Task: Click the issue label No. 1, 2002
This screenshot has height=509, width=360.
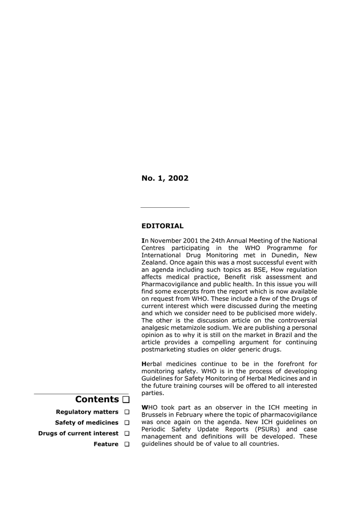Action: [165, 178]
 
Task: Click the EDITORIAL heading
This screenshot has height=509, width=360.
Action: [162, 226]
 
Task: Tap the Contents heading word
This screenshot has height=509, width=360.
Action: [97, 399]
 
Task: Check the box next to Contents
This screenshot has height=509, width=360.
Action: [125, 400]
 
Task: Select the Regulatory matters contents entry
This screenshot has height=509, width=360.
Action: [87, 412]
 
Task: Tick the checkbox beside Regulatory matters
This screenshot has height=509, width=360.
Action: [127, 412]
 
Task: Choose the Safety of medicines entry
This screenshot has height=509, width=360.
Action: [87, 423]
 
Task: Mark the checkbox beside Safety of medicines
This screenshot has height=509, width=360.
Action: [127, 423]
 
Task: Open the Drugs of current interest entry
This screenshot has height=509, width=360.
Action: [78, 433]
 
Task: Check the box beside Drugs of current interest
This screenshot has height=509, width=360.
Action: [127, 433]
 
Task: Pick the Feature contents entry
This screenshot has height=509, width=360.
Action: [106, 444]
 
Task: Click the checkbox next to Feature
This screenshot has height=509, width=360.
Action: [127, 444]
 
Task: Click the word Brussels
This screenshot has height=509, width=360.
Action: [155, 415]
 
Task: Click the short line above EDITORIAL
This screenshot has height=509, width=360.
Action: [165, 207]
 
